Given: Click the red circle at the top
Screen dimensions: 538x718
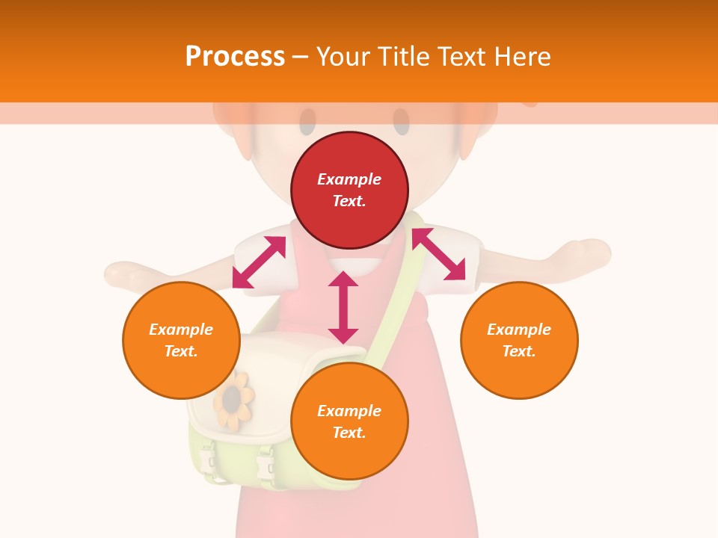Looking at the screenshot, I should [x=349, y=191].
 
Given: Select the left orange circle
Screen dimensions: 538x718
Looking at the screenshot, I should [x=181, y=340].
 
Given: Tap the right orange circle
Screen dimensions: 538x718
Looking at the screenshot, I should [x=519, y=340].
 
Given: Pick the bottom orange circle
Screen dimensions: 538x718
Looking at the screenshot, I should [x=349, y=421].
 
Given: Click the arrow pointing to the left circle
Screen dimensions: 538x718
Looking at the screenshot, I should [x=259, y=262].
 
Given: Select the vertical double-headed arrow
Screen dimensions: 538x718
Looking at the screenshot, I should [x=343, y=307].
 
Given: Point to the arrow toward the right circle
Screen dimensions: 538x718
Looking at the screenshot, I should [x=439, y=254].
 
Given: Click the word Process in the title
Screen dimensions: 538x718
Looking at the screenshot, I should [x=235, y=56].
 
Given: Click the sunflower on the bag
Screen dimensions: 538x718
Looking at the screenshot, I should [x=233, y=400].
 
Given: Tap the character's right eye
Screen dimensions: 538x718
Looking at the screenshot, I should [x=401, y=122].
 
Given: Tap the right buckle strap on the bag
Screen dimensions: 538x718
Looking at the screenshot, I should [x=265, y=463].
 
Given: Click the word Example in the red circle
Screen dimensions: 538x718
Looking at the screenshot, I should [x=349, y=179].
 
